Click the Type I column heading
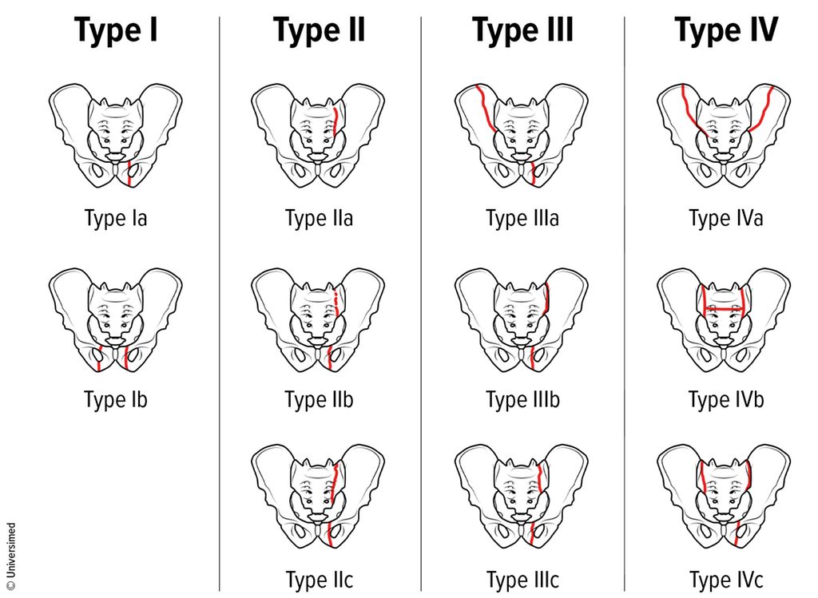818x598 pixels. (116, 30)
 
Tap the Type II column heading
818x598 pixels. (319, 30)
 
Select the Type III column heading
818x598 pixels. (522, 30)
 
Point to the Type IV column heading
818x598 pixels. (725, 30)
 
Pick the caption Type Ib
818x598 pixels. (116, 400)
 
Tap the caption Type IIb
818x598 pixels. (319, 400)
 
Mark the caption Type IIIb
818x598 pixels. (522, 400)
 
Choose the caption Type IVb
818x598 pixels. (725, 400)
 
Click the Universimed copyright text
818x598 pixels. (11, 551)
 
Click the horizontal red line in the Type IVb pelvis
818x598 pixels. (724, 309)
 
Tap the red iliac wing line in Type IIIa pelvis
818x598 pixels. (485, 107)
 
